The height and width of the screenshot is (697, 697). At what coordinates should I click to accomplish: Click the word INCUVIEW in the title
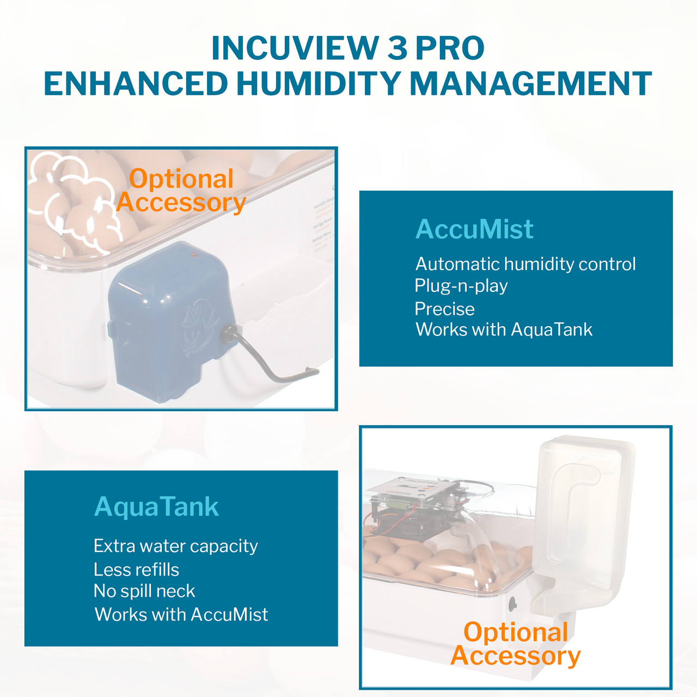[294, 48]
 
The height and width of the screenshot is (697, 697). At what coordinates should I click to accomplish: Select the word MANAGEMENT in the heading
[530, 84]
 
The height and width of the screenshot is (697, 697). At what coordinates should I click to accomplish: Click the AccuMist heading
[474, 229]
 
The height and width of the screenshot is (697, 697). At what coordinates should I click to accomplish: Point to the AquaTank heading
[156, 507]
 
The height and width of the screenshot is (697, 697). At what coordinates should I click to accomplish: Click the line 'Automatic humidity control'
[525, 264]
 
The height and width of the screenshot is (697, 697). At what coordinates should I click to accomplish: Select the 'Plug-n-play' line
[461, 286]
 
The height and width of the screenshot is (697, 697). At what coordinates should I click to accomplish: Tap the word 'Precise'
[444, 309]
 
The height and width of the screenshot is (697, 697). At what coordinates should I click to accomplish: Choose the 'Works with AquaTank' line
[504, 329]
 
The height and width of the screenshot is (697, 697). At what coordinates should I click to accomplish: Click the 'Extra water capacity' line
[175, 546]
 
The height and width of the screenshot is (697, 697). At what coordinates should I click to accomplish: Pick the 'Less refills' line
[136, 570]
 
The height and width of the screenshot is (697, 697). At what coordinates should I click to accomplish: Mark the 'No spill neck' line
[144, 591]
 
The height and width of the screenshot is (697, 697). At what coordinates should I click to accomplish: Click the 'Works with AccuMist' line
[181, 614]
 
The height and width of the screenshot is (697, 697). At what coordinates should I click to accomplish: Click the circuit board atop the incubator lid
[414, 490]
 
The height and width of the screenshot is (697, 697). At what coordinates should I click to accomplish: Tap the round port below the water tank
[512, 603]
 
